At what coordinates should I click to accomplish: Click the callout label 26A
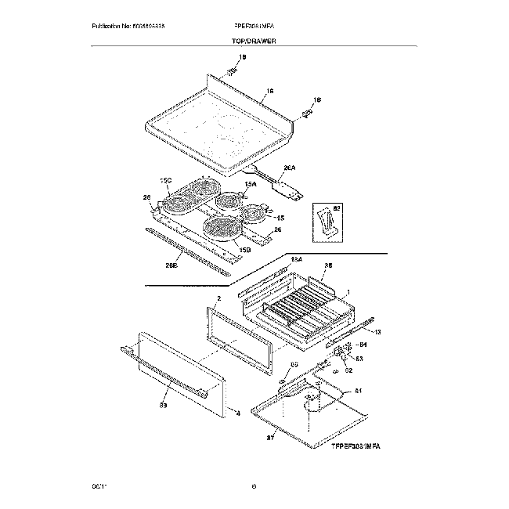(x=290, y=167)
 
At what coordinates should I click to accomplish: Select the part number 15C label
(x=166, y=180)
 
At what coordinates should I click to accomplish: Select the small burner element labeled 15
(x=254, y=212)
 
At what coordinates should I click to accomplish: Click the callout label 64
(x=362, y=344)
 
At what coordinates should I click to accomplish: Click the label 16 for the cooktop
(x=269, y=92)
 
